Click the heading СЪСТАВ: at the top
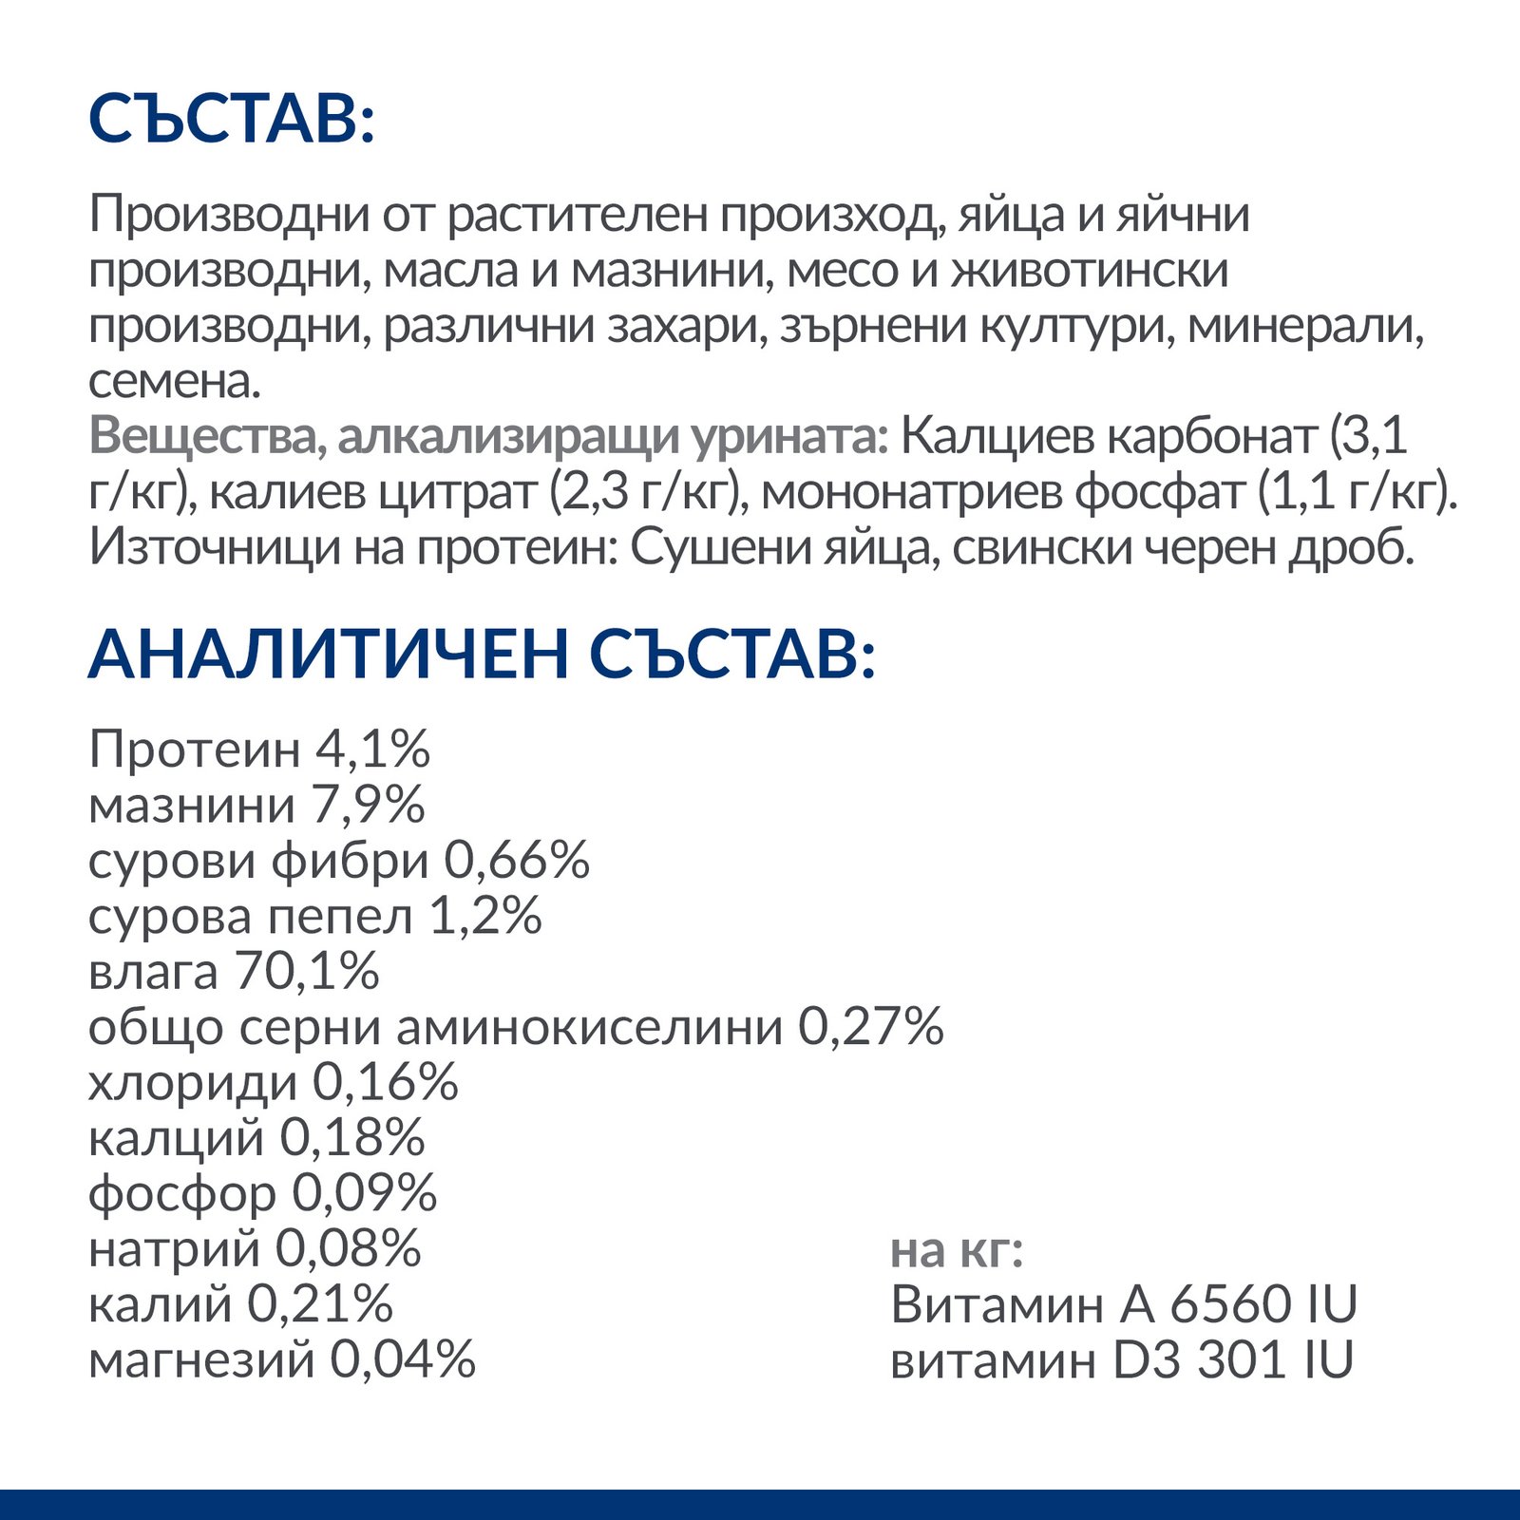click(x=232, y=120)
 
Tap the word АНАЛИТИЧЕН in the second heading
click(x=328, y=655)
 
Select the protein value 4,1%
click(x=373, y=750)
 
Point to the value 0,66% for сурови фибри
click(x=517, y=861)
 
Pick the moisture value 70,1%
click(x=307, y=971)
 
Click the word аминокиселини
click(x=589, y=1027)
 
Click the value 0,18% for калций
click(x=352, y=1138)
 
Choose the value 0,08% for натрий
click(x=348, y=1249)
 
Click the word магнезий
click(x=201, y=1360)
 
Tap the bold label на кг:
click(x=957, y=1251)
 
